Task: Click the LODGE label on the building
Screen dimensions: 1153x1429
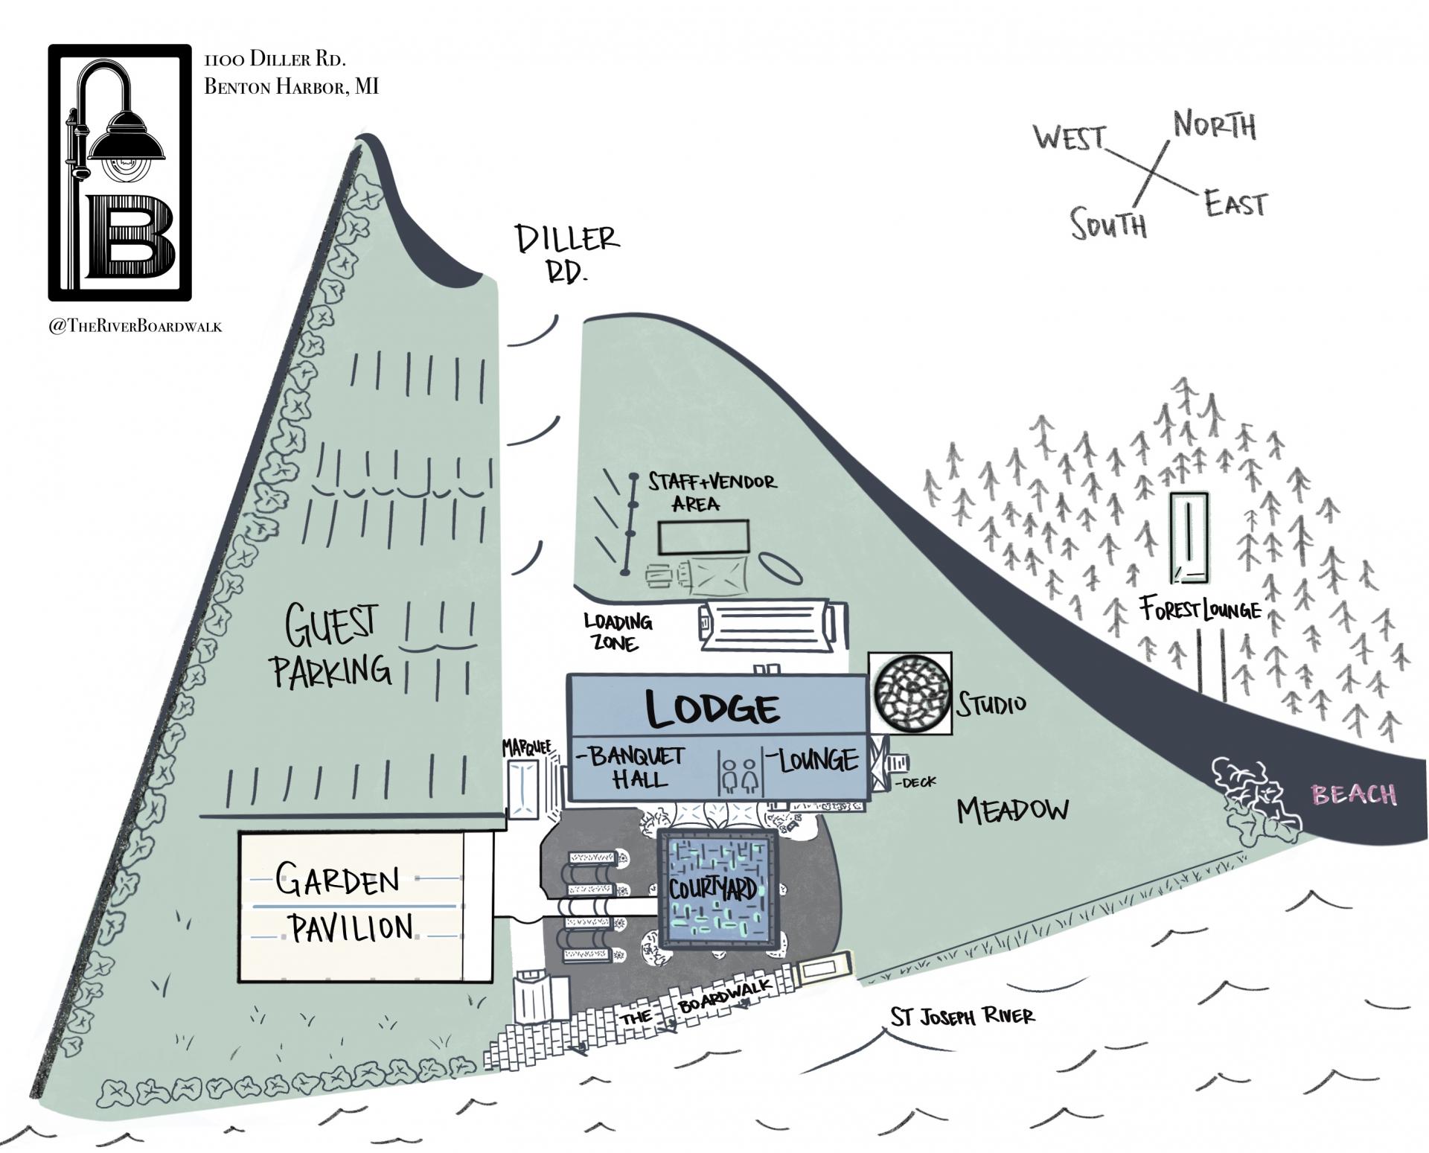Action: [712, 708]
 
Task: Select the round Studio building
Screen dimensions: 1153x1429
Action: [911, 693]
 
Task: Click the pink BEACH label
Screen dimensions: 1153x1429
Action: [1354, 794]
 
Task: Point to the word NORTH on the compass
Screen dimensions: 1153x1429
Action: [1215, 126]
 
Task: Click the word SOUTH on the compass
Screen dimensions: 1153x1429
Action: [1109, 223]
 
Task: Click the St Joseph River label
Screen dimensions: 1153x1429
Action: [962, 1016]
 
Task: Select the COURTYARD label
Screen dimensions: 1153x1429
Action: [713, 889]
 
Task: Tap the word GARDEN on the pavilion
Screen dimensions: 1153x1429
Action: [338, 881]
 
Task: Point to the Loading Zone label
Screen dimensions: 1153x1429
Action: [618, 631]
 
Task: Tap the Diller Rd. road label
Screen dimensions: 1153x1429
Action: [567, 253]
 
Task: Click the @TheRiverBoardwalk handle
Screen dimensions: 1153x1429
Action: [135, 326]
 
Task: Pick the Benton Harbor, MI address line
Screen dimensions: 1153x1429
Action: [291, 87]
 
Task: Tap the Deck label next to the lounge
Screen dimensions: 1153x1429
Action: [917, 782]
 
